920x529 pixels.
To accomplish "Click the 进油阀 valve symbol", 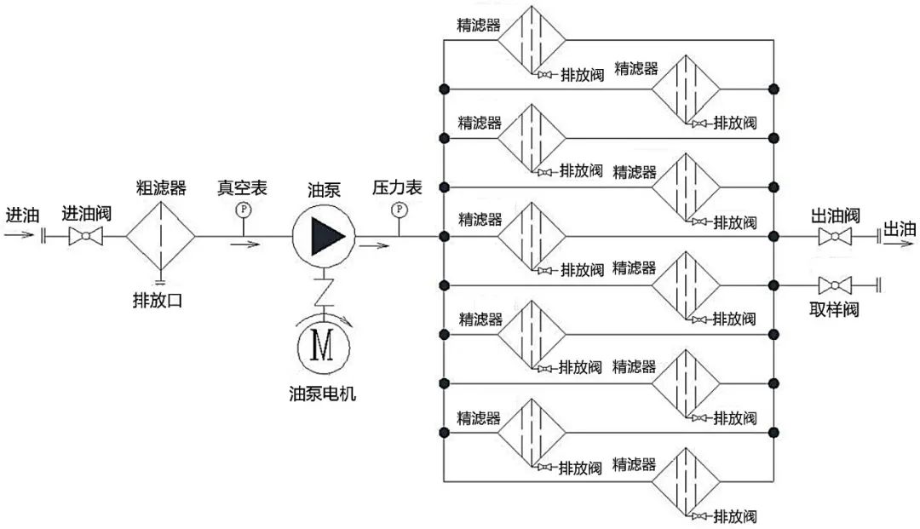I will click(84, 236).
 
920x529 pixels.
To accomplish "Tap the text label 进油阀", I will click(86, 213).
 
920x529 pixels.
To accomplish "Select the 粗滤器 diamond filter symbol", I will click(161, 236).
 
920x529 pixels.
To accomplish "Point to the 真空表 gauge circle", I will click(243, 209).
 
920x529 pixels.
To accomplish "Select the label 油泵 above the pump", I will click(324, 190).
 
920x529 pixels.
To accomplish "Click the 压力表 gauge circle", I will click(398, 209).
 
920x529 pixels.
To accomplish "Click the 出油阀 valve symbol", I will click(835, 236).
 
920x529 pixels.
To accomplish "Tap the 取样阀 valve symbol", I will click(835, 284).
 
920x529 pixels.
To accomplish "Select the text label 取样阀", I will click(834, 309).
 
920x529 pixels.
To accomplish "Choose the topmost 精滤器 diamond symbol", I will click(532, 39).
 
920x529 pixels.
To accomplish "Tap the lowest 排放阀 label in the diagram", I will click(735, 516).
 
